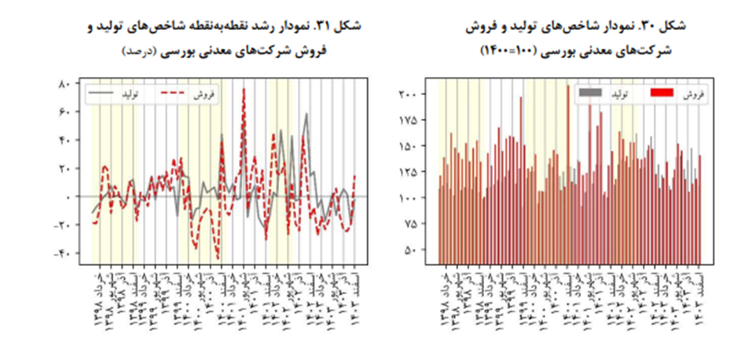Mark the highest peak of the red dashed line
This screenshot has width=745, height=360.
pyautogui.click(x=244, y=88)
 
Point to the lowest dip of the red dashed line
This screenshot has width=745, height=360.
pyautogui.click(x=218, y=259)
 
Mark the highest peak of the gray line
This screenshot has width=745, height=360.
pyautogui.click(x=306, y=115)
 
